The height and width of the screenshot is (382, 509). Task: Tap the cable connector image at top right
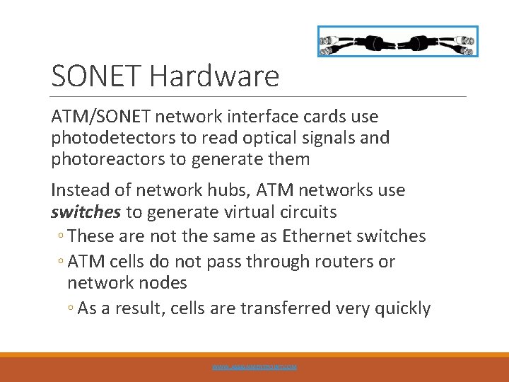pyautogui.click(x=397, y=41)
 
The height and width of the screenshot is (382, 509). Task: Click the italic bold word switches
pyautogui.click(x=86, y=212)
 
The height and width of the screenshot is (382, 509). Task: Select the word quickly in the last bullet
pyautogui.click(x=403, y=308)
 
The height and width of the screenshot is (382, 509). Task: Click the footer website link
pyautogui.click(x=255, y=367)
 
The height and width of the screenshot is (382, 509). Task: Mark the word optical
pyautogui.click(x=267, y=138)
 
